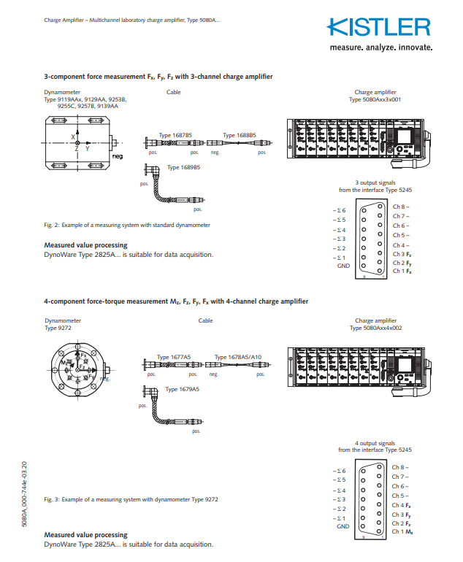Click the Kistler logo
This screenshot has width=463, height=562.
379,28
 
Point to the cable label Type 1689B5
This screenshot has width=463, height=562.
184,167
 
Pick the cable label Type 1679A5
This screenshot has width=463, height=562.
182,389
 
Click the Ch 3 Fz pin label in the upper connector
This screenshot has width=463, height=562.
402,254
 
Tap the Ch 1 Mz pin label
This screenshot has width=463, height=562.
402,531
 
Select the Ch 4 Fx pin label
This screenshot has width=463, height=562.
402,505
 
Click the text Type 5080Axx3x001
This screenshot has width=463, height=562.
375,99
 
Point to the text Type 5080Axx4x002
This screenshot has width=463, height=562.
375,327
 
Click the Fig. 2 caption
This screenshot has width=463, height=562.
127,225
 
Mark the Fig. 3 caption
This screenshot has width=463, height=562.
131,499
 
